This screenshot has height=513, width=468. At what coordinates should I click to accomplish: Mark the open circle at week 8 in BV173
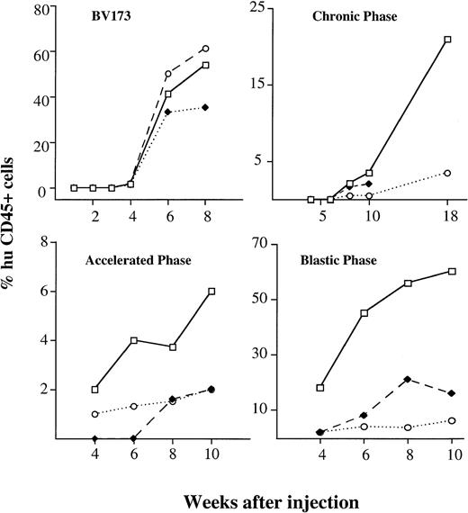[x=206, y=48]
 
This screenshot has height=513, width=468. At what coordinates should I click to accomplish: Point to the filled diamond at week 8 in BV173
[x=206, y=108]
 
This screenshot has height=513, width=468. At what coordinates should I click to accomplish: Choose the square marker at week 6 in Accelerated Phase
[x=133, y=340]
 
